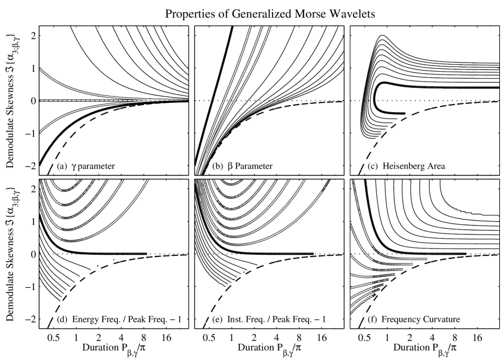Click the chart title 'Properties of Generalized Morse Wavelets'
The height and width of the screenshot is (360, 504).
point(270,13)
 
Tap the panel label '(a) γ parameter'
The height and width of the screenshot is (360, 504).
point(87,167)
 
